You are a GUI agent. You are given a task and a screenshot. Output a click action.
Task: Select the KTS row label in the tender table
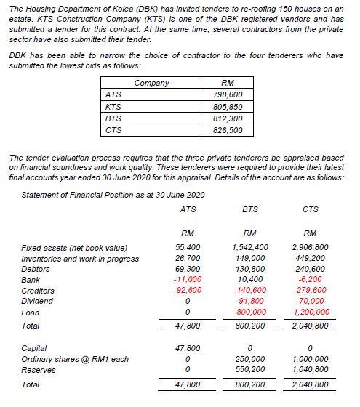coord(113,107)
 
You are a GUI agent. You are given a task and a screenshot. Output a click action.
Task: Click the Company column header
coord(152,84)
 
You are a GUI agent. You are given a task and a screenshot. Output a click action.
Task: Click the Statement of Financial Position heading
coord(113,195)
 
